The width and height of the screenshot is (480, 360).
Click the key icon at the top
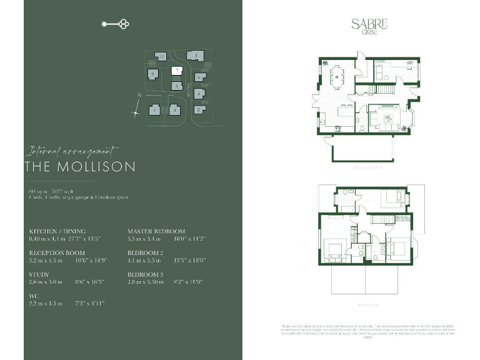pyautogui.click(x=115, y=24)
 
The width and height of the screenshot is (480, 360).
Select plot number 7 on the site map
pyautogui.click(x=177, y=71)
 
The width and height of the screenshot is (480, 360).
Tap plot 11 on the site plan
pyautogui.click(x=161, y=57)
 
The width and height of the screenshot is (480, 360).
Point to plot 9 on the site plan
pyautogui.click(x=152, y=74)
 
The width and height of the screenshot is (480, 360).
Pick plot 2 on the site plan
pyautogui.click(x=198, y=110)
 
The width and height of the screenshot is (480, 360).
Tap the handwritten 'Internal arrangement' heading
pyautogui.click(x=72, y=151)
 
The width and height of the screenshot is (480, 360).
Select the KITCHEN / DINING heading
pyautogui.click(x=57, y=231)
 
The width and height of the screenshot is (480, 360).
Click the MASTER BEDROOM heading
pyautogui.click(x=156, y=231)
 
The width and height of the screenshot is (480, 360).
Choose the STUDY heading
pyautogui.click(x=39, y=274)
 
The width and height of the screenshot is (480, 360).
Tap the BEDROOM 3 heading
pyautogui.click(x=146, y=274)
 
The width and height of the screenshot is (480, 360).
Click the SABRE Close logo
pyautogui.click(x=369, y=26)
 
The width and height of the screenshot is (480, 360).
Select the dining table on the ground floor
pyautogui.click(x=338, y=76)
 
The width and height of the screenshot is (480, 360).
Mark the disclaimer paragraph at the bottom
pyautogui.click(x=369, y=332)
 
